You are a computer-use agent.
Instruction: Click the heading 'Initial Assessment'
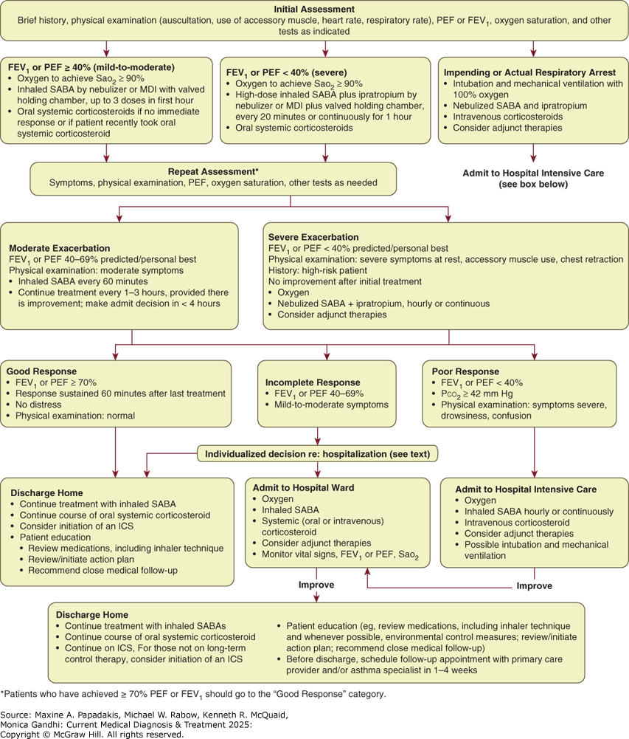(x=314, y=9)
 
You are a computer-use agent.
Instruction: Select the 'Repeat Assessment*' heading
(x=213, y=171)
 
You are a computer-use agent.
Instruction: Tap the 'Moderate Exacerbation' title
(x=59, y=248)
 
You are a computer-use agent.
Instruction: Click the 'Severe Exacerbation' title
(x=313, y=237)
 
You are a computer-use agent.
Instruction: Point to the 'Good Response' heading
(x=41, y=371)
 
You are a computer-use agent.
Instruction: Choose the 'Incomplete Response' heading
(x=313, y=382)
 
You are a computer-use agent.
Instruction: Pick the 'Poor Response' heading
(x=465, y=371)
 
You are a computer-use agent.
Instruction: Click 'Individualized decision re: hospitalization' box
(x=317, y=454)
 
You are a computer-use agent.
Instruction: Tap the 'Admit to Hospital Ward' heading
(x=304, y=488)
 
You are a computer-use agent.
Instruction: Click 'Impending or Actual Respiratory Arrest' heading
(x=529, y=72)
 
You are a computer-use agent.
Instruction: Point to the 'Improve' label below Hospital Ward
(x=316, y=585)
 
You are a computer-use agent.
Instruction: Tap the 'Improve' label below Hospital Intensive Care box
(x=535, y=586)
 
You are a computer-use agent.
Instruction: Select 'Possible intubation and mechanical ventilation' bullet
(x=536, y=550)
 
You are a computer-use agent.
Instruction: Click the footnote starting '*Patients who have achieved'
(x=193, y=694)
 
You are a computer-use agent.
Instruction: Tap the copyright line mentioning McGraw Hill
(x=92, y=735)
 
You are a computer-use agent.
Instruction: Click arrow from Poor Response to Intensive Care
(x=535, y=453)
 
